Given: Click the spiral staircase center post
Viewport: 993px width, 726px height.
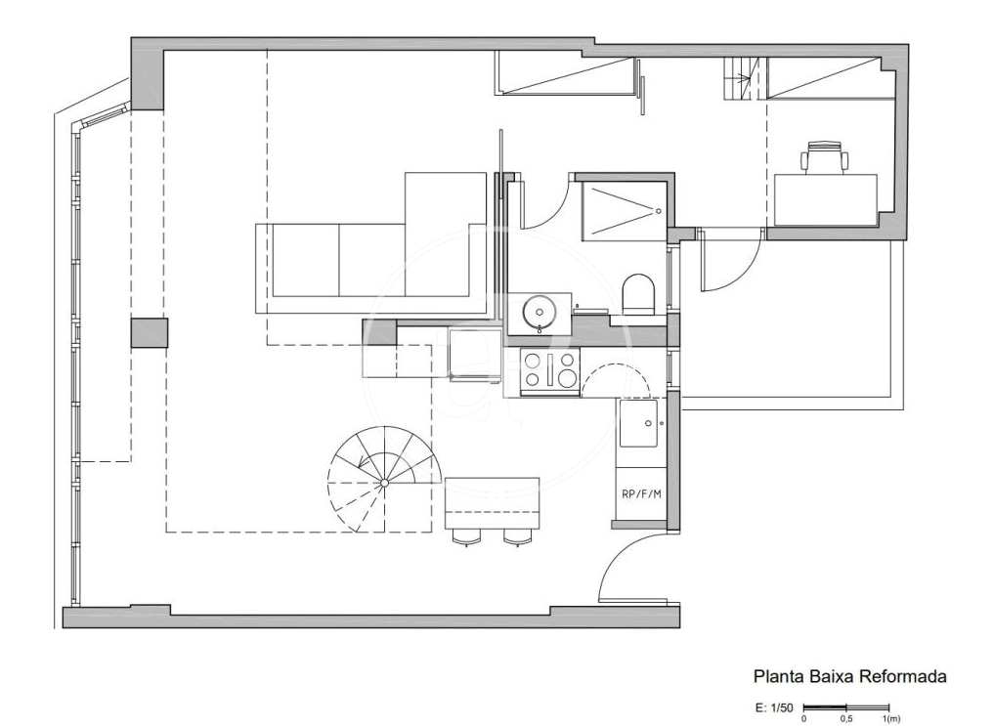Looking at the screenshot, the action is coord(384,483).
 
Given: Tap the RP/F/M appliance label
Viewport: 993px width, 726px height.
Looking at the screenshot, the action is coord(641,493).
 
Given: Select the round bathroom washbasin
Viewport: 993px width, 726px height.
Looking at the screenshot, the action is coord(539,312).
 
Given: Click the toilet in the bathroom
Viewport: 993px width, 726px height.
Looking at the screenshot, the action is coord(638,294).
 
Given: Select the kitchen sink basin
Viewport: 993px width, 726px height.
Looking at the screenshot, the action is coord(638,423).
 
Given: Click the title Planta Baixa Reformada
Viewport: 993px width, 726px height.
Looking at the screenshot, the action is coord(850,676).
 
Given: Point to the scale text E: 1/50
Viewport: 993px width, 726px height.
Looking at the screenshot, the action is coord(774,707).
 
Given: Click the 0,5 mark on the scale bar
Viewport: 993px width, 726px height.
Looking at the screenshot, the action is coord(846,718).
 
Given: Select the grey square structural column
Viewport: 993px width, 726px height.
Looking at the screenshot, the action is coord(150,333).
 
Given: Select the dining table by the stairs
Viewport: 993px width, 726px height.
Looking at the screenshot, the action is coord(492,504).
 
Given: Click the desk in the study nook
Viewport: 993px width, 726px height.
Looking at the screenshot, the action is coord(826,200).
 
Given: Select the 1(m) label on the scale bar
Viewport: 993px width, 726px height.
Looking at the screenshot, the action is coord(891,718).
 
